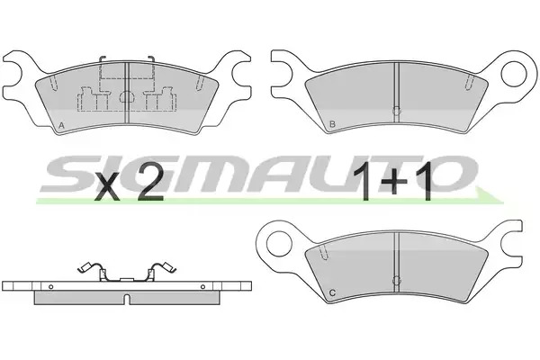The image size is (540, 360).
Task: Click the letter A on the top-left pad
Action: coord(61,125)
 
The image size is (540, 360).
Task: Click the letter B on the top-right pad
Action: coord(332,123)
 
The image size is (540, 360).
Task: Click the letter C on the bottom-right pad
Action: coord(332,292)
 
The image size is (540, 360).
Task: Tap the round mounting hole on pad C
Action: coord(279,244)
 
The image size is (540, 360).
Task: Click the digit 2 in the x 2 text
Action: coord(150,186)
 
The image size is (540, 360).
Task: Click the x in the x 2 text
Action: coord(108,190)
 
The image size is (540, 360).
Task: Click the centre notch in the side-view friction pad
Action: coord(127,299)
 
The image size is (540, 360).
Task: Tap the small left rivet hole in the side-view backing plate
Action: coord(51,286)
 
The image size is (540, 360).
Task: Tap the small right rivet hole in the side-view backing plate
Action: coord(202,286)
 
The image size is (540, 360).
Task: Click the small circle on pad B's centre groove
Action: coord(397,111)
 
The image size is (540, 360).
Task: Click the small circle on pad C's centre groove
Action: coord(397,281)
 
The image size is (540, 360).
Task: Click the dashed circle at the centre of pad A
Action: coord(126,96)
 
